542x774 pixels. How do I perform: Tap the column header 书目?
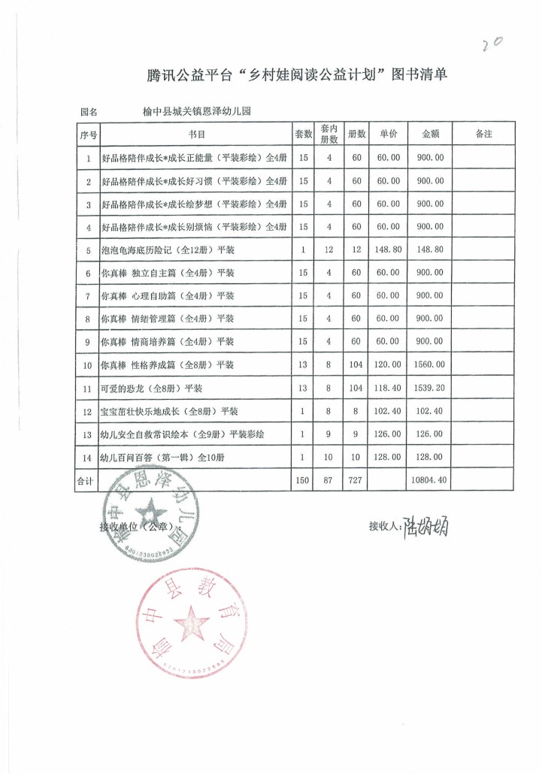click(x=196, y=134)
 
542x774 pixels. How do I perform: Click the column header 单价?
click(x=388, y=134)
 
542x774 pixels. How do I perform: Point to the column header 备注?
click(x=484, y=134)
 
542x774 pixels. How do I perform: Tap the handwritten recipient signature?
click(x=425, y=528)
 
